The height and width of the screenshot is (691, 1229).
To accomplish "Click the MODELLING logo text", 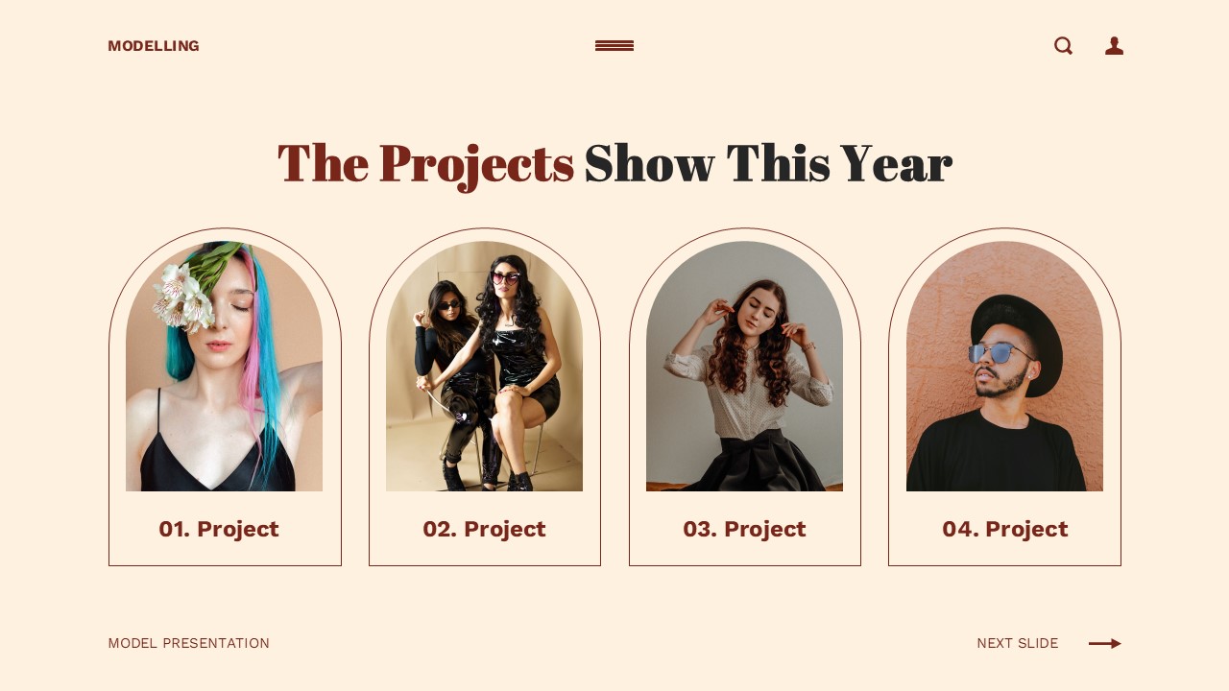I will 154,46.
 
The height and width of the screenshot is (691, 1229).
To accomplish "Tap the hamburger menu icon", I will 614,46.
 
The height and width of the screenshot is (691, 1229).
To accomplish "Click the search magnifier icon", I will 1063,46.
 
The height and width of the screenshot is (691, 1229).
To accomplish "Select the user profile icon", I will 1114,46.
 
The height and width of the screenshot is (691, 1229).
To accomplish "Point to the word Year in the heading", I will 896,163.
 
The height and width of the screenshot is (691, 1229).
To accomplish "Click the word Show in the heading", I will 649,163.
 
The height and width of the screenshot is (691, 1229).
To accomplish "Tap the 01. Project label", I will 219,529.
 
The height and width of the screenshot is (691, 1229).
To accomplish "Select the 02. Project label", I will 484,529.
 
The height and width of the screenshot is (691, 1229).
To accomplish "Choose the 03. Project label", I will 744,529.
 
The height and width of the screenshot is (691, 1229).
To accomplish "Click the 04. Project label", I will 1004,529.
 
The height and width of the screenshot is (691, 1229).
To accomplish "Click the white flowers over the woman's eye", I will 184,296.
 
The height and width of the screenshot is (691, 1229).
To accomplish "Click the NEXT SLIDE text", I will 1018,643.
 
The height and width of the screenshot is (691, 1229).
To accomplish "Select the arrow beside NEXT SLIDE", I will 1105,643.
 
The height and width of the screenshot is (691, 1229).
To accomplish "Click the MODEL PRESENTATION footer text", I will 189,643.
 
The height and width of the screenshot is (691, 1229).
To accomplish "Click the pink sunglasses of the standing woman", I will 505,278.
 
